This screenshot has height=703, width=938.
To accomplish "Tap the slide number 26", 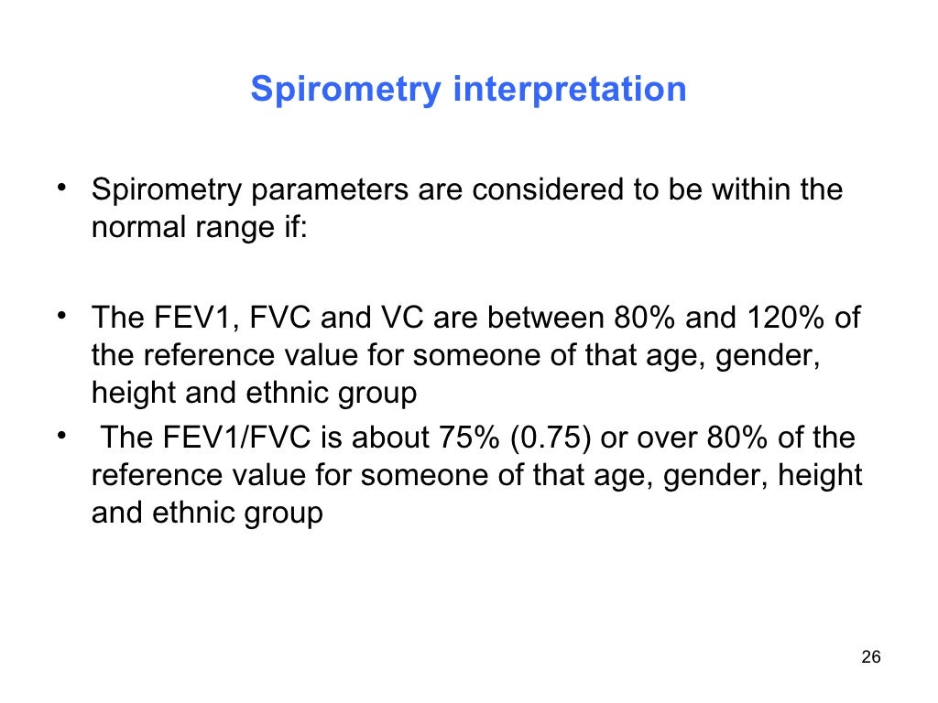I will coord(871,658).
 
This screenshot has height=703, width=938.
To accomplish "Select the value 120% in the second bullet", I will coord(790,318).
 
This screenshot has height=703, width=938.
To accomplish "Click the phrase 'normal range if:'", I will coord(201,228).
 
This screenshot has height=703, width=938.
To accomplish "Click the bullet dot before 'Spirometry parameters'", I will coord(60,189).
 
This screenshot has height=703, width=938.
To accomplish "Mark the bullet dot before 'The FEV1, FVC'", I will coord(60,317).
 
